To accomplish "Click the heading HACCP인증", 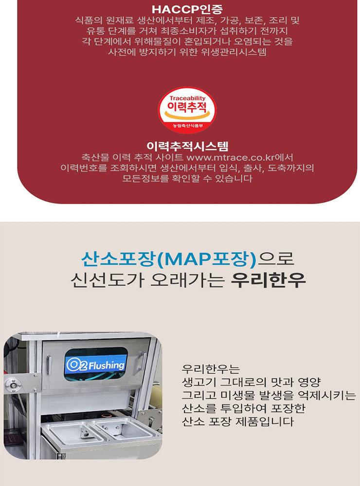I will pos(180,10).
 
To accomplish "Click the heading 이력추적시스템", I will pos(180,146).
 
